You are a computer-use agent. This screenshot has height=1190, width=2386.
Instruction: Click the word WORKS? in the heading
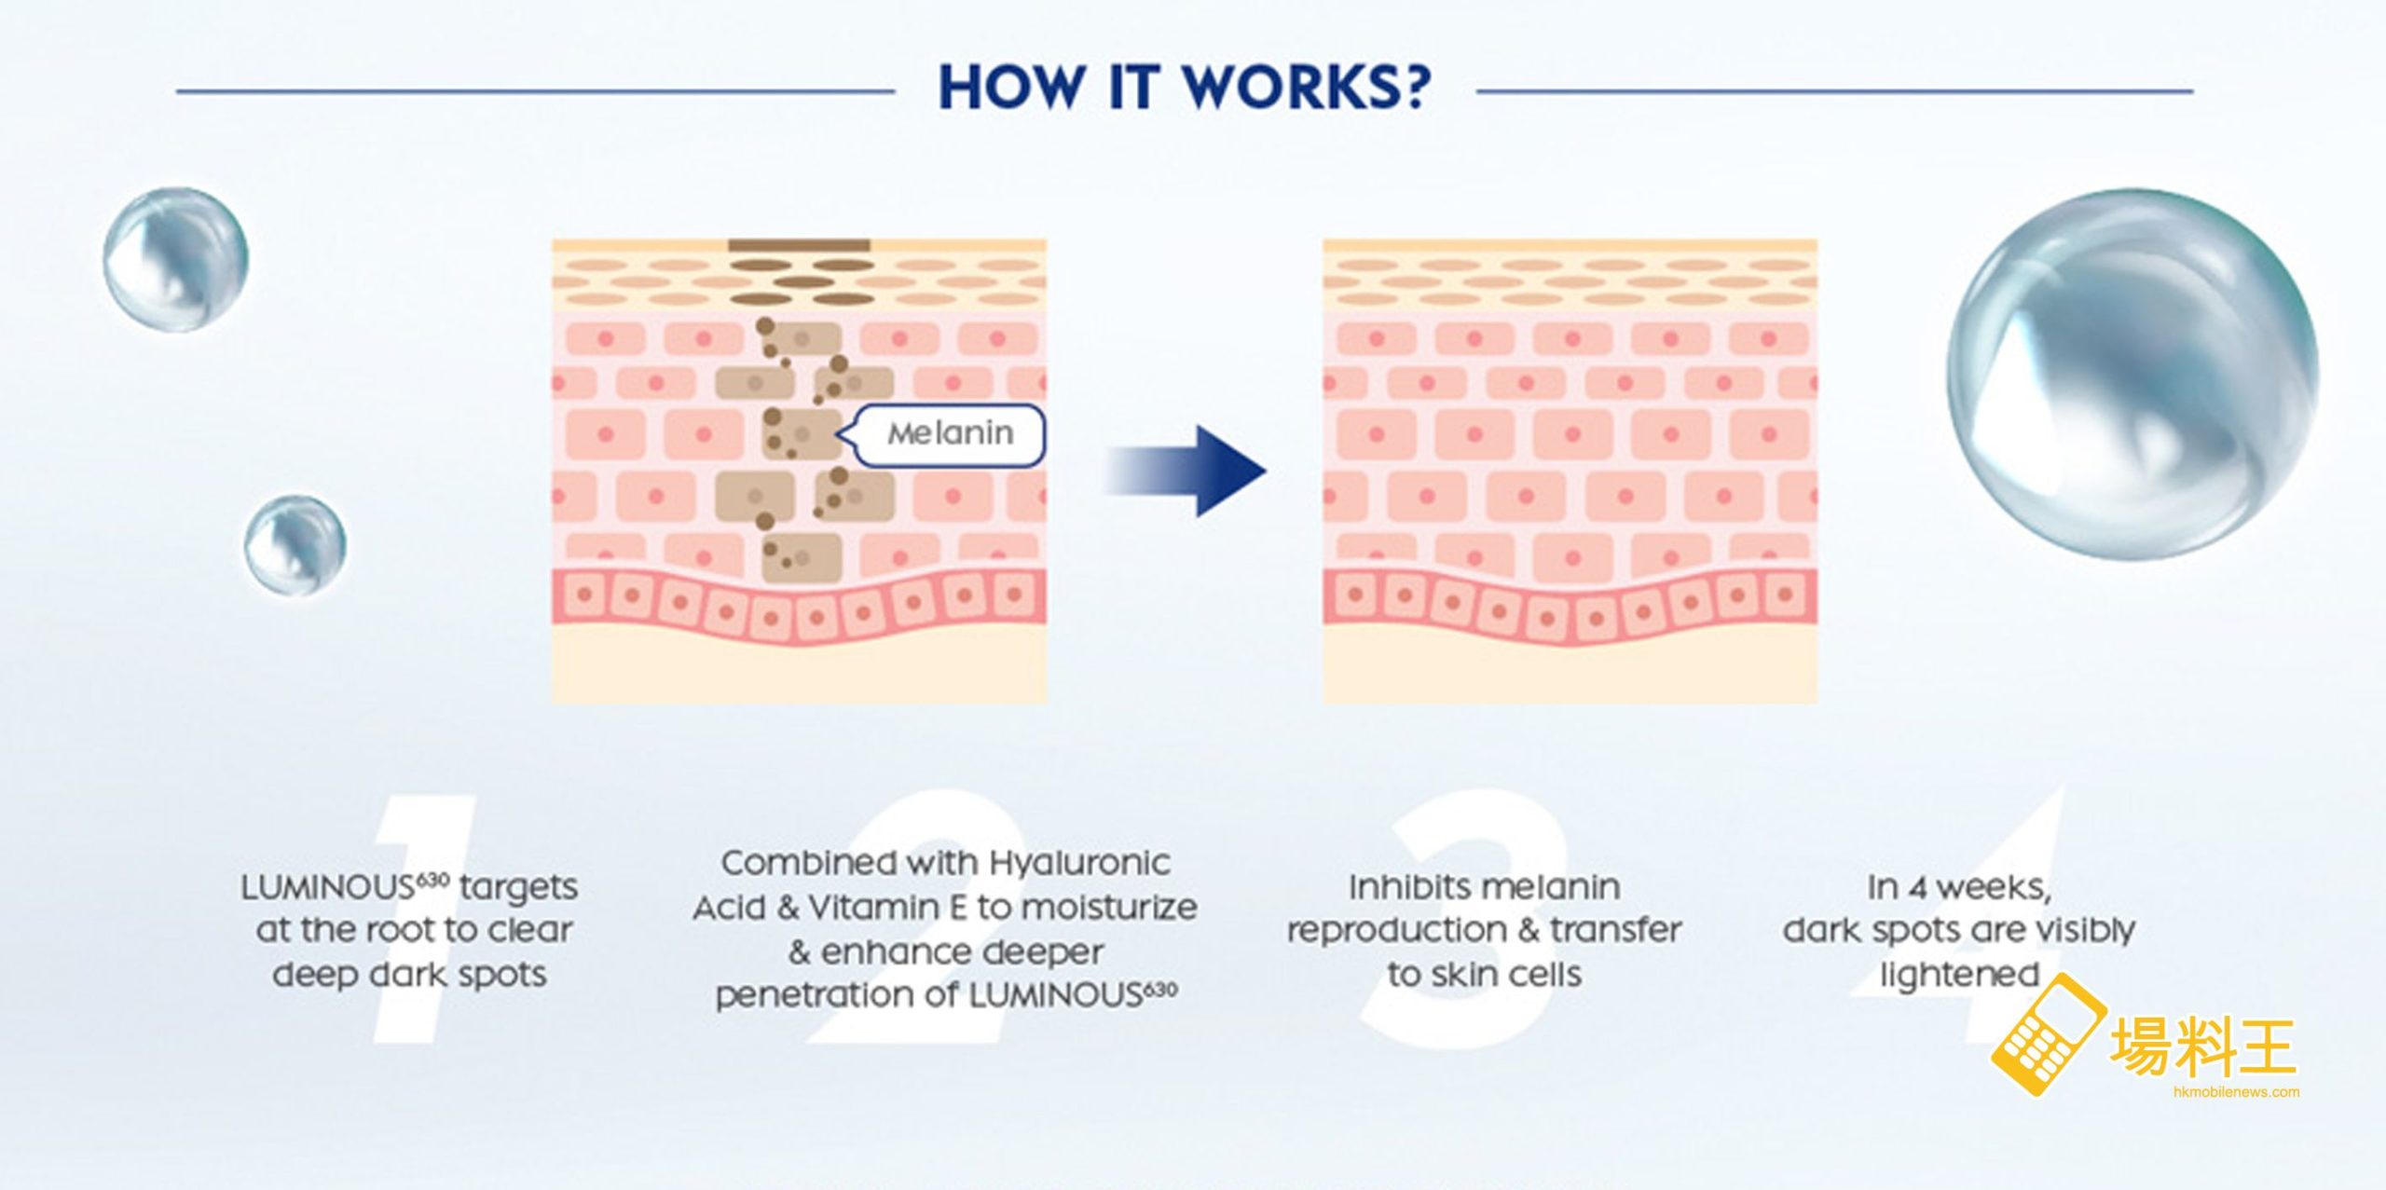[1306, 89]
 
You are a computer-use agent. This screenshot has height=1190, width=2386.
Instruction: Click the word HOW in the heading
[1011, 89]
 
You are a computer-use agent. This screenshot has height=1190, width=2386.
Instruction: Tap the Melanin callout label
[950, 434]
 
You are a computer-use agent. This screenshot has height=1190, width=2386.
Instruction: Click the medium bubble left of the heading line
[175, 259]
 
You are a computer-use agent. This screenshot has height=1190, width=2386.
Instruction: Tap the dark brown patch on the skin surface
[799, 246]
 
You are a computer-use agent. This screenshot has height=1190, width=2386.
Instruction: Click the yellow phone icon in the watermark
[2047, 1034]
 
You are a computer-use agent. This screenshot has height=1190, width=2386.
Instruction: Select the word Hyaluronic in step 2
[1078, 863]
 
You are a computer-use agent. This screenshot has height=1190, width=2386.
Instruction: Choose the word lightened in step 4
[1959, 975]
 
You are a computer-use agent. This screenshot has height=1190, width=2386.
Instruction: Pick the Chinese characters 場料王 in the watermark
[2201, 1046]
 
